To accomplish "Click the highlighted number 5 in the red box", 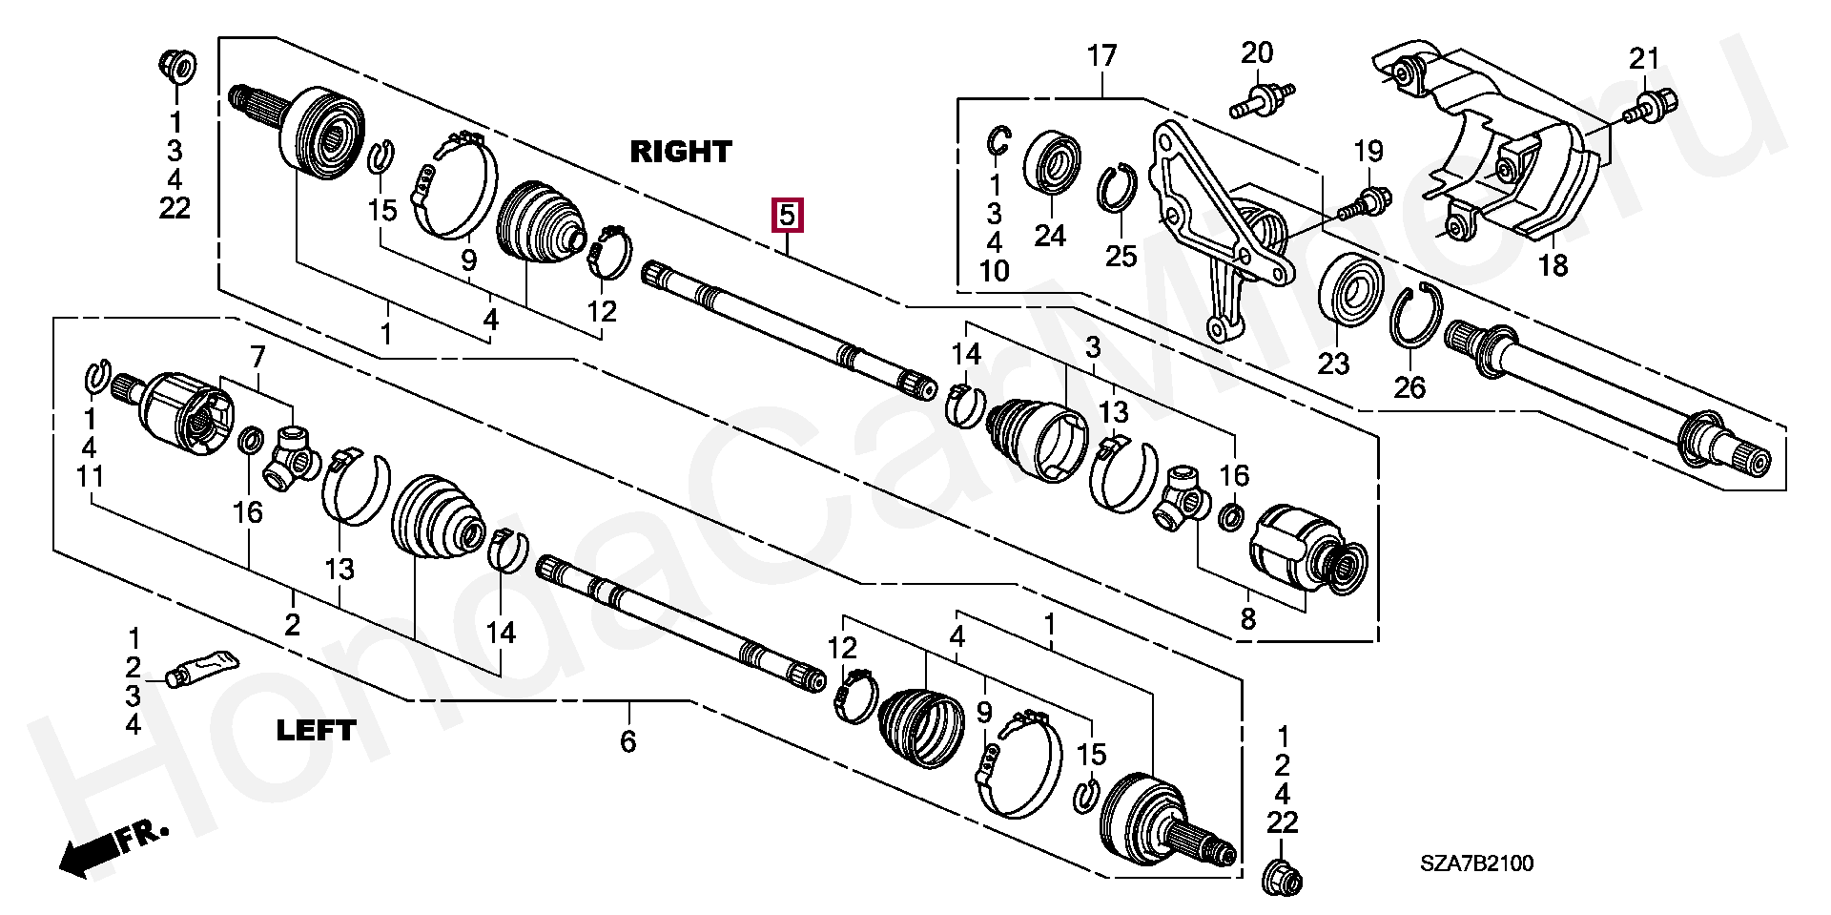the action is pyautogui.click(x=787, y=216).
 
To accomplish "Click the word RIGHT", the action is pyautogui.click(x=681, y=151).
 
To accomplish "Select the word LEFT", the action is pyautogui.click(x=316, y=731).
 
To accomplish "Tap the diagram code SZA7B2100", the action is pyautogui.click(x=1477, y=863).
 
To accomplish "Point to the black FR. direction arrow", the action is pyautogui.click(x=113, y=847).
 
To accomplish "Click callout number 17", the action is pyautogui.click(x=1101, y=56).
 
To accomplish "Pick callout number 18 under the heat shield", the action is pyautogui.click(x=1553, y=265).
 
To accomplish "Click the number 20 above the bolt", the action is pyautogui.click(x=1257, y=52).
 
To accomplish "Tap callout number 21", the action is pyautogui.click(x=1644, y=59).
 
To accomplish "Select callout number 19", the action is pyautogui.click(x=1368, y=151).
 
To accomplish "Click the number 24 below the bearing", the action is pyautogui.click(x=1050, y=235).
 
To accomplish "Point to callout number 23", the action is pyautogui.click(x=1333, y=363).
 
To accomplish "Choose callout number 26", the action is pyautogui.click(x=1409, y=386).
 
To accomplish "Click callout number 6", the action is pyautogui.click(x=627, y=741).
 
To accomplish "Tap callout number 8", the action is pyautogui.click(x=1247, y=619).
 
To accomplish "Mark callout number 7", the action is pyautogui.click(x=258, y=357).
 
